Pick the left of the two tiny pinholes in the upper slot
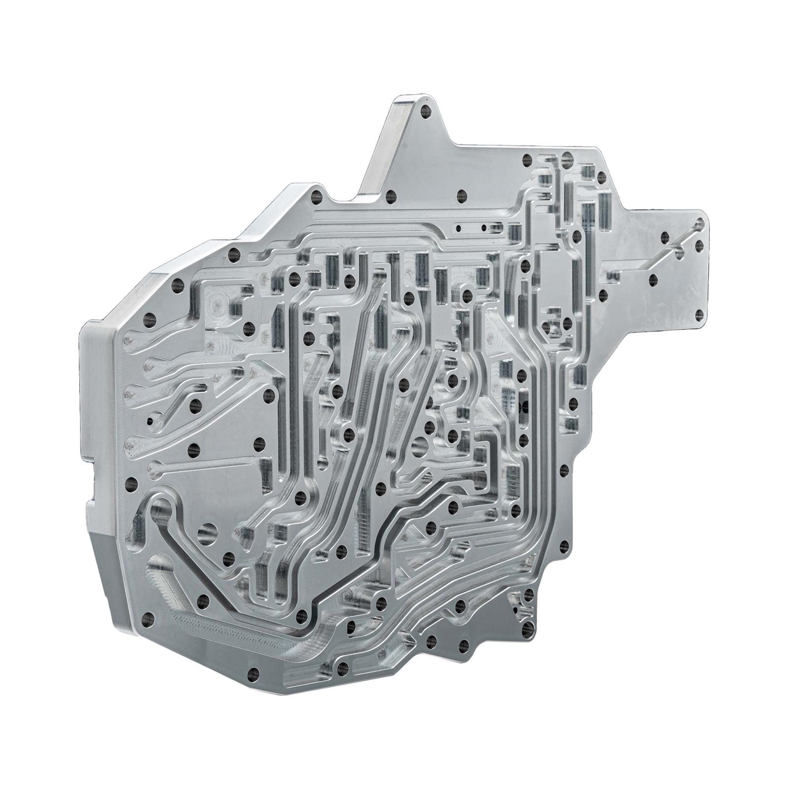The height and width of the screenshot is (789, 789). click(459, 228)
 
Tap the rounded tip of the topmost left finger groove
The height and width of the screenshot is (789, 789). click(129, 340)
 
